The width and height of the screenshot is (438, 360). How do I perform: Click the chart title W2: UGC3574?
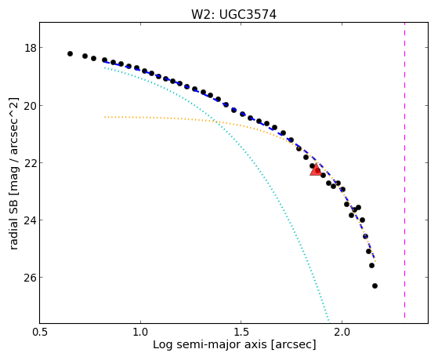tap(233, 15)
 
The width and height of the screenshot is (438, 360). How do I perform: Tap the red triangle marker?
tap(316, 169)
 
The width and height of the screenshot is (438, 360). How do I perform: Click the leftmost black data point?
tap(70, 53)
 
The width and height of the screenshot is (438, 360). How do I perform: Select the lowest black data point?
tap(375, 285)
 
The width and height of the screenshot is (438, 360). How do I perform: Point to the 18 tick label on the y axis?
tap(31, 48)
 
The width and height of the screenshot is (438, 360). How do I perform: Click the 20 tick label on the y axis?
tap(31, 106)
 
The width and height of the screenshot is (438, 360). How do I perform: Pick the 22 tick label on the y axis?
tap(31, 163)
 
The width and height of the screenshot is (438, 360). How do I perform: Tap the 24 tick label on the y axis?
tap(31, 220)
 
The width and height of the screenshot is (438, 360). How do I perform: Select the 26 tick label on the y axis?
tap(31, 278)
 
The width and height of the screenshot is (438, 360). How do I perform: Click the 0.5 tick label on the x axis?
tap(40, 332)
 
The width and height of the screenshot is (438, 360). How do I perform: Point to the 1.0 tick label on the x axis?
tap(140, 332)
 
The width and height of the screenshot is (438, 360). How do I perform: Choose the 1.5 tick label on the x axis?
tap(241, 332)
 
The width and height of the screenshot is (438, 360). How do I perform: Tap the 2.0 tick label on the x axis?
tap(342, 332)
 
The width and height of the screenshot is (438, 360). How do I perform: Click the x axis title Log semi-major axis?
tap(210, 345)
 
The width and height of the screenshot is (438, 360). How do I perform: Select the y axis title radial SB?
tap(13, 223)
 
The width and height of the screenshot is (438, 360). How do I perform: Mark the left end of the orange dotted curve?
tap(104, 117)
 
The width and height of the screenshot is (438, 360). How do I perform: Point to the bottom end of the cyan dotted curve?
tap(329, 322)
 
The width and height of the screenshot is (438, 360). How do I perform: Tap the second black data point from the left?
tap(85, 56)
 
